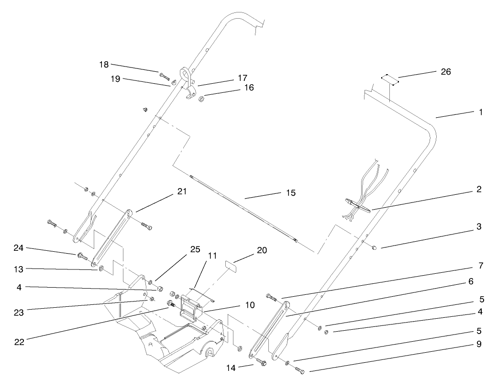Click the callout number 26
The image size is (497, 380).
[445, 72]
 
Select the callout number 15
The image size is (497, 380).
[290, 193]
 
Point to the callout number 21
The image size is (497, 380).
[181, 191]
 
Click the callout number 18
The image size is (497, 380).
[104, 64]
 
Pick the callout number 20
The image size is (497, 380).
[262, 250]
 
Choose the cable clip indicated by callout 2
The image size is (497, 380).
[356, 205]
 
